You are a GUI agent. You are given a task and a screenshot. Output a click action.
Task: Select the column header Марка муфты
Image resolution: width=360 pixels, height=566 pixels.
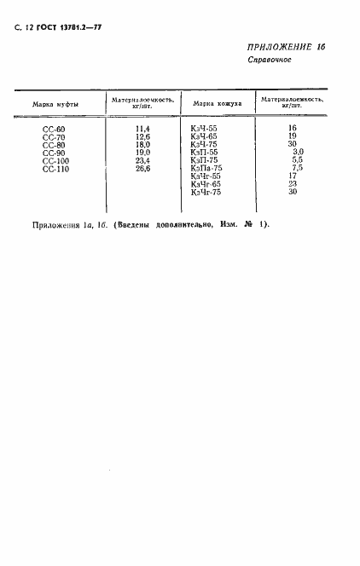pyautogui.click(x=56, y=103)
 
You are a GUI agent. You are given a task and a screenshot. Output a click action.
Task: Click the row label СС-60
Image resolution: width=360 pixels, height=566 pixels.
pyautogui.click(x=54, y=128)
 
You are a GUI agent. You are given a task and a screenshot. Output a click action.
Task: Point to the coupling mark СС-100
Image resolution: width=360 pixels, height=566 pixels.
pyautogui.click(x=55, y=160)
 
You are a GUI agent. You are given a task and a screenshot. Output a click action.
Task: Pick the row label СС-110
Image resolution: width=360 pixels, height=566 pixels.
pyautogui.click(x=55, y=169)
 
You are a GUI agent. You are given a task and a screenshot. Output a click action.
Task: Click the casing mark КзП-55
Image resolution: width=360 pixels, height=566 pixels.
pyautogui.click(x=205, y=153)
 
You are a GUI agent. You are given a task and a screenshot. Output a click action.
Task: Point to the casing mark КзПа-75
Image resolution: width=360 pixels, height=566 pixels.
pyautogui.click(x=207, y=169)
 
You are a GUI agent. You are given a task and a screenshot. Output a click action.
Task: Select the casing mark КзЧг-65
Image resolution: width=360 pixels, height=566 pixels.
pyautogui.click(x=206, y=184)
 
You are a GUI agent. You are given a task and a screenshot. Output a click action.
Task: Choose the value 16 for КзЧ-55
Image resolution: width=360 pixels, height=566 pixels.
pyautogui.click(x=292, y=128)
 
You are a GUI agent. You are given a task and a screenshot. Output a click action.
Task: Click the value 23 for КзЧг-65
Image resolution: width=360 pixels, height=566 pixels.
pyautogui.click(x=292, y=184)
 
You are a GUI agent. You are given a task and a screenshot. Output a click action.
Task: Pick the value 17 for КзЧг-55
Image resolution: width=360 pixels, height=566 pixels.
pyautogui.click(x=292, y=176)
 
